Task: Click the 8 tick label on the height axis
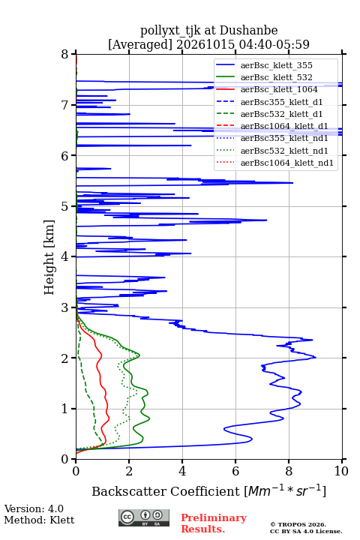[65, 55]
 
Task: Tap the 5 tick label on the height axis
[65, 207]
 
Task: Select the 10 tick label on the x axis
[341, 471]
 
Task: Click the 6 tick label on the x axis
[235, 471]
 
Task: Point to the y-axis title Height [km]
[49, 257]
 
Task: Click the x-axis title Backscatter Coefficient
[165, 491]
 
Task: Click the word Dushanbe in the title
[248, 31]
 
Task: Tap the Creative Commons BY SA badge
[144, 517]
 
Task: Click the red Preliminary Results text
[214, 523]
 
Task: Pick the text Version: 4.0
[34, 508]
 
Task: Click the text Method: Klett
[39, 520]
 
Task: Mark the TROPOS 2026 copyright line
[298, 524]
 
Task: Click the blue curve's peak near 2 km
[316, 358]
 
